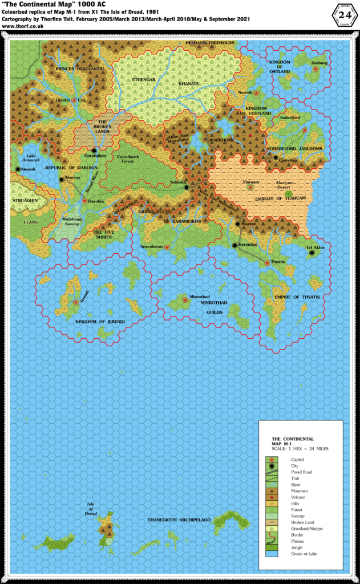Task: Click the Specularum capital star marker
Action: pyautogui.click(x=168, y=247)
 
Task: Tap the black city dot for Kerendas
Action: pyautogui.click(x=234, y=245)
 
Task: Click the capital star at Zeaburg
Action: pyautogui.click(x=315, y=69)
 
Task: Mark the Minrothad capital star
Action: pyautogui.click(x=185, y=299)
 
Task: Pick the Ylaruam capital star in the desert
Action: pyautogui.click(x=249, y=187)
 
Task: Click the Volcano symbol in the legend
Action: pyautogui.click(x=272, y=497)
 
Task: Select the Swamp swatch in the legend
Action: pyautogui.click(x=272, y=516)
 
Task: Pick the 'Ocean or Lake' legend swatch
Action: pyautogui.click(x=272, y=553)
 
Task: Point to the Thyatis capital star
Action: pyautogui.click(x=267, y=263)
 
